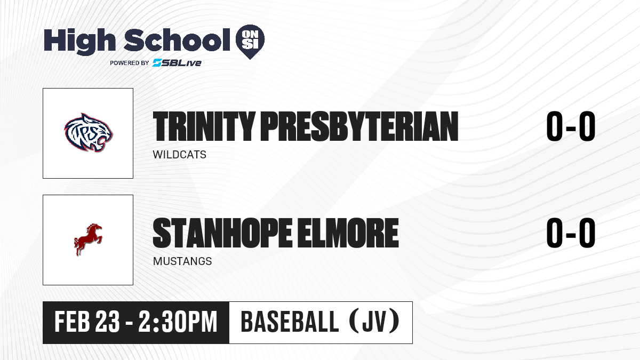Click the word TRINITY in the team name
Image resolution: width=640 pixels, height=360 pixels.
point(204,126)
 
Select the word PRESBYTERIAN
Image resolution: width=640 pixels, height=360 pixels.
point(359,126)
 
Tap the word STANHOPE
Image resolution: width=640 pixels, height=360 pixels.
point(222,233)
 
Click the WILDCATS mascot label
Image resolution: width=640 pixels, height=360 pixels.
point(179,155)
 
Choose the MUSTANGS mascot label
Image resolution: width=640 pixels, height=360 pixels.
point(182,261)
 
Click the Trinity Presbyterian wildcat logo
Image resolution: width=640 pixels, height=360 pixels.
point(89,133)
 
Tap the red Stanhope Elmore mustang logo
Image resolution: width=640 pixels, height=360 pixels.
point(88,239)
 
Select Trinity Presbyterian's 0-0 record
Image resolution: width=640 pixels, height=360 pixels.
point(571,126)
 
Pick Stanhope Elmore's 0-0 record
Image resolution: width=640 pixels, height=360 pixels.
point(571,233)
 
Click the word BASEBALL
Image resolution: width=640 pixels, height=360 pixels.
point(290,322)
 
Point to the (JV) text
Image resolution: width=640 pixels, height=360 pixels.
point(374,322)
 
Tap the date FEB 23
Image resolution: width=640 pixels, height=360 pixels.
point(87,322)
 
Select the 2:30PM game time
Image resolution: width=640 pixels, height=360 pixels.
point(178,322)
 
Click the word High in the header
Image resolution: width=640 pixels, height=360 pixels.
point(79,41)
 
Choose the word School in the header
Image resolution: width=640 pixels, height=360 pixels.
point(177,40)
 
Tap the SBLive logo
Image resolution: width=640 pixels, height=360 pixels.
point(177,63)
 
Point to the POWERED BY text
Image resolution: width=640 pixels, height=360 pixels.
point(130,63)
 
